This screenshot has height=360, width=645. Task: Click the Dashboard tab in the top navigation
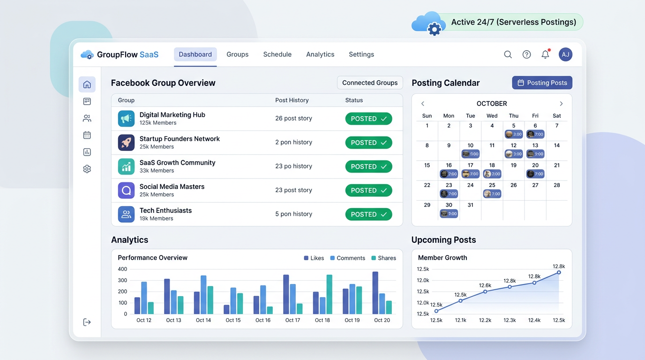pos(195,54)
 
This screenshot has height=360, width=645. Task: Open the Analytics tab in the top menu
pos(320,54)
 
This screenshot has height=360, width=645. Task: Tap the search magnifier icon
pos(508,54)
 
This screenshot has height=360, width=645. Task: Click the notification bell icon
pos(545,54)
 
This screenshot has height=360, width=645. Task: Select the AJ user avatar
pos(565,54)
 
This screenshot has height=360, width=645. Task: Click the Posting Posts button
pos(542,82)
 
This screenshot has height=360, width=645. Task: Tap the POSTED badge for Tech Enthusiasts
pos(368,214)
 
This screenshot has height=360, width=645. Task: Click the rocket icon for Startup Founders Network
pos(126,142)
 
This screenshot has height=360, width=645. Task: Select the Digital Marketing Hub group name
pos(172,115)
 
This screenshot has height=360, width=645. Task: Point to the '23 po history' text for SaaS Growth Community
pos(293,166)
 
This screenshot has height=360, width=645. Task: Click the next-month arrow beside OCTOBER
pos(561,104)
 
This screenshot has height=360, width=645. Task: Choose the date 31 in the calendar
pos(470,205)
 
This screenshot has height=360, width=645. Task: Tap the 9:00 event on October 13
pos(535,154)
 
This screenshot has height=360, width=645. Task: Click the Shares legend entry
pos(383,258)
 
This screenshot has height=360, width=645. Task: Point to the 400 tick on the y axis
pos(122,269)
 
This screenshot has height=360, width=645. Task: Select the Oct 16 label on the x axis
pos(263,320)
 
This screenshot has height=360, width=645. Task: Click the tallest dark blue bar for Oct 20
pos(375,293)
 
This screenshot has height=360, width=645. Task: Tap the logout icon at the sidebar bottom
pos(87,322)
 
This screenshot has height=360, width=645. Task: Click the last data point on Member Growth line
pos(559,272)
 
